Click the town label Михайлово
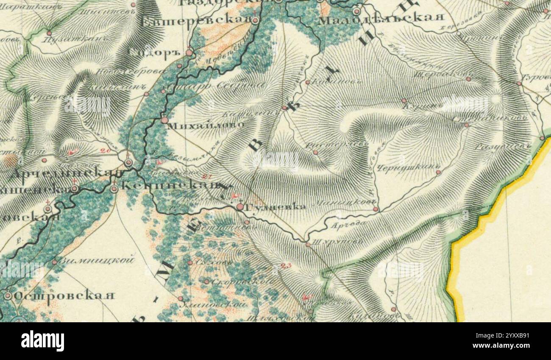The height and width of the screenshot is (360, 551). (206, 126)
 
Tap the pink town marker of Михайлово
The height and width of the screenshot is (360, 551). (164, 120)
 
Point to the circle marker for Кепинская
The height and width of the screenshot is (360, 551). (114, 189)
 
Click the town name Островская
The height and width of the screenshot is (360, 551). (64, 296)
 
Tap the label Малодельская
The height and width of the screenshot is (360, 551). (381, 18)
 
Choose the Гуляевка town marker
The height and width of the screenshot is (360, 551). (240, 207)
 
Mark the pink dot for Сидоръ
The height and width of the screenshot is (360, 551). (189, 53)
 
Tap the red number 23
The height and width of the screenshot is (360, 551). (286, 266)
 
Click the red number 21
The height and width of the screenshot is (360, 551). (207, 176)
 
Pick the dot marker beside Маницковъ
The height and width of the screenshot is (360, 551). (376, 209)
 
